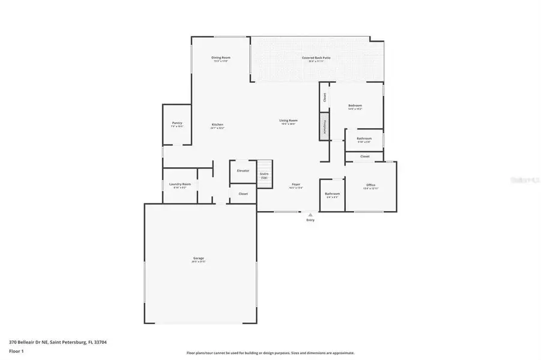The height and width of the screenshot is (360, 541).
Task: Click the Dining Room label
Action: [x=221, y=58]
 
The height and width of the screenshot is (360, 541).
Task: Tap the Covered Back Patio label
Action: [x=316, y=58]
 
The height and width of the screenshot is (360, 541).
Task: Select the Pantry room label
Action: [x=177, y=123]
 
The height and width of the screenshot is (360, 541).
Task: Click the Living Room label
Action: [x=288, y=120]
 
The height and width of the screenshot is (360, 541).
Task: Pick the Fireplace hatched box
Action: [x=324, y=128]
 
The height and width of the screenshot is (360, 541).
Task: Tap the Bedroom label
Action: [x=355, y=106]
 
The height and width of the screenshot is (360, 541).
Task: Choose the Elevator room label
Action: [x=243, y=171]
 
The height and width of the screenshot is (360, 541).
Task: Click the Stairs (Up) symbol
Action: [x=264, y=174]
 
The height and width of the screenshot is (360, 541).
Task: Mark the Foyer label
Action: [x=296, y=184]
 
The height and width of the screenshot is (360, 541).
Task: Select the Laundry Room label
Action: [x=180, y=184]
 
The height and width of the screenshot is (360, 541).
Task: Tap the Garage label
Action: [x=199, y=259]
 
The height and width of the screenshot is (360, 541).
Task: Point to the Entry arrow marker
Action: [x=310, y=215]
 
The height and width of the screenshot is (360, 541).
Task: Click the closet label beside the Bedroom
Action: [x=324, y=98]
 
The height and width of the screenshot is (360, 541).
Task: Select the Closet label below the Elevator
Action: [x=243, y=194]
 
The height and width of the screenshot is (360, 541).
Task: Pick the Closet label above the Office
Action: [x=364, y=157]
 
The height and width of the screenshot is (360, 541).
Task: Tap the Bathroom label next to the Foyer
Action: [x=333, y=194]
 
